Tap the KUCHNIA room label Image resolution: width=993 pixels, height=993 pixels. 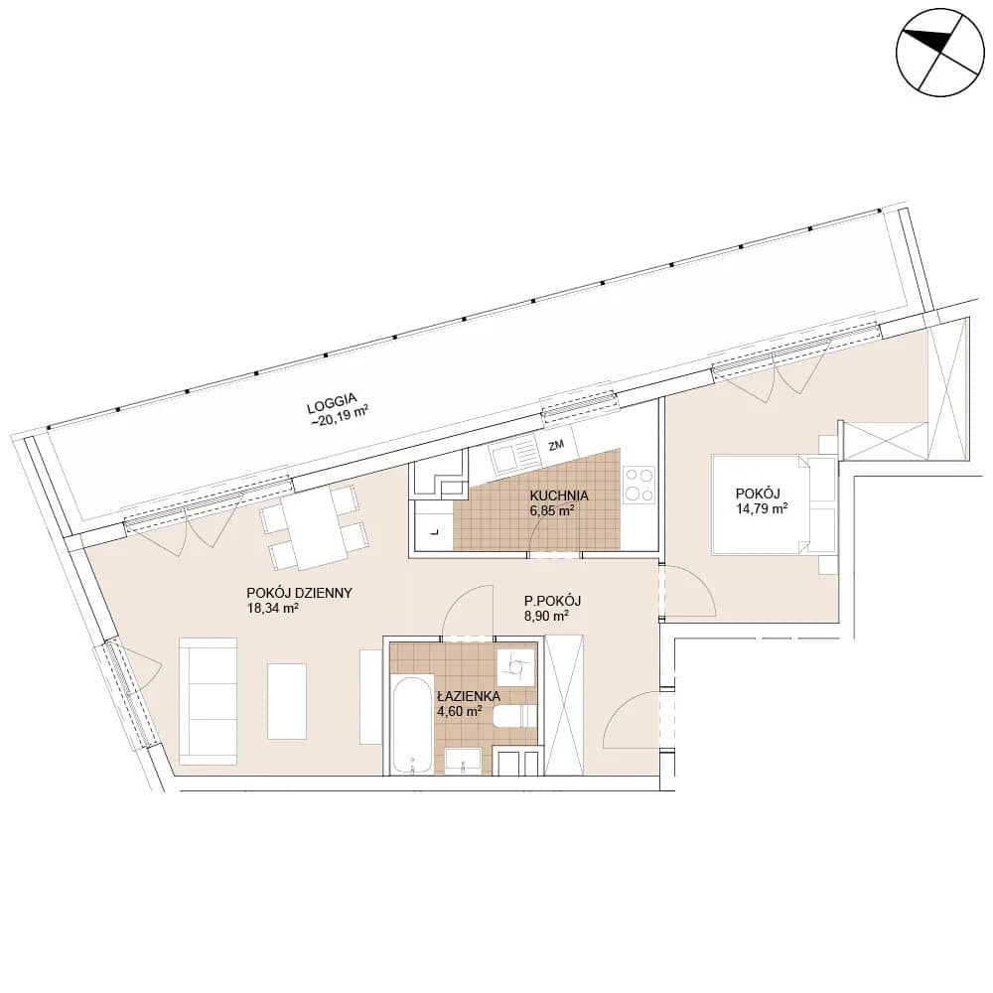click(559, 496)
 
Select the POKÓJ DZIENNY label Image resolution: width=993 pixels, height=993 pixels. click(300, 594)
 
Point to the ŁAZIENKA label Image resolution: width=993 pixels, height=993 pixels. click(469, 697)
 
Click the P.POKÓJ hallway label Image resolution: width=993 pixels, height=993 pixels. click(553, 601)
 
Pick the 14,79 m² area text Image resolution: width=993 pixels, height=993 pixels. click(762, 507)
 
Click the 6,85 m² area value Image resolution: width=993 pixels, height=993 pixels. click(552, 510)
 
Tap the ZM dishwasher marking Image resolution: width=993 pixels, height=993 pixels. click(556, 445)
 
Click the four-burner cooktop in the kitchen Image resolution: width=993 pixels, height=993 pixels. click(638, 485)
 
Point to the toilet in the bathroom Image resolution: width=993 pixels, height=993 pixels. click(514, 717)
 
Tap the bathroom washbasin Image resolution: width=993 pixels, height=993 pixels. click(463, 762)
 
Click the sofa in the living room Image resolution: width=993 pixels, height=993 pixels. click(209, 701)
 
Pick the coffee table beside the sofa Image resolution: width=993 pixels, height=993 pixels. click(287, 701)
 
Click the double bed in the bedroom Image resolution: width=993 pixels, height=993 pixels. click(774, 504)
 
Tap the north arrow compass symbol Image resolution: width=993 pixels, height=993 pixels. click(940, 53)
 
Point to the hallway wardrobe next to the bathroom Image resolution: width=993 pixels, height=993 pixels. click(564, 704)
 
